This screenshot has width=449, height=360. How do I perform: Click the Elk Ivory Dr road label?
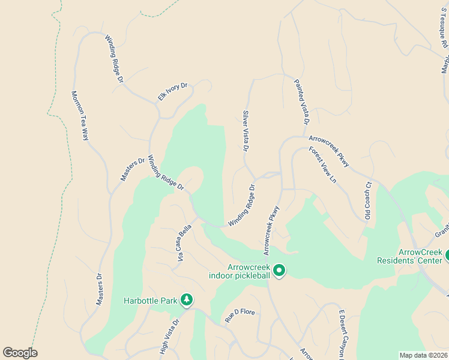(x=173, y=91)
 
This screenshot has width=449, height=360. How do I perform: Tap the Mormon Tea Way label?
(x=80, y=115)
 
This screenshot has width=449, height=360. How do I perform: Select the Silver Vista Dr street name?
(x=246, y=130)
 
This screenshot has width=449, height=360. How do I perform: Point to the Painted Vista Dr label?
(x=301, y=101)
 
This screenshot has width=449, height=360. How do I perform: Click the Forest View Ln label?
(x=323, y=164)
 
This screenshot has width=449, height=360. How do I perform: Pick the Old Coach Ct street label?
(x=368, y=200)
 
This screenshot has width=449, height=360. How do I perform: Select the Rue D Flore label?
(x=240, y=312)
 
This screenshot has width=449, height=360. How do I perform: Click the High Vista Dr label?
(x=169, y=336)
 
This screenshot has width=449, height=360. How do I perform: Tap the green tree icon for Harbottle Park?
(x=187, y=299)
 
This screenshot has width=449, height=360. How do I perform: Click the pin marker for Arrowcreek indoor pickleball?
(x=279, y=271)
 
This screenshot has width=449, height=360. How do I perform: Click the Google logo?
(x=20, y=352)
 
